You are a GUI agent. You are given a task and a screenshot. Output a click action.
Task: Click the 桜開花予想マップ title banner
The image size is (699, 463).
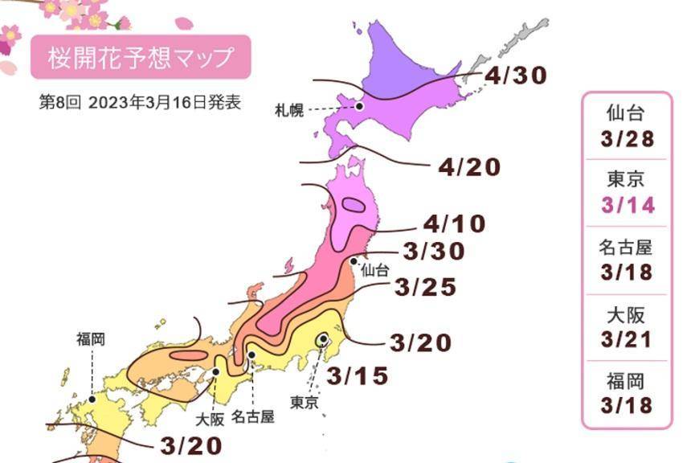coord(141,58)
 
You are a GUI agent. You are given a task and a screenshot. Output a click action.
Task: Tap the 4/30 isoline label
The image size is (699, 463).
coord(516,76)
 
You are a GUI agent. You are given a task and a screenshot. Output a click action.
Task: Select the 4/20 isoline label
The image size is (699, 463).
coord(469,167)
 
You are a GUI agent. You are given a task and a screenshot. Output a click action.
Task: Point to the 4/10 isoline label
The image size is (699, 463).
coord(455,223)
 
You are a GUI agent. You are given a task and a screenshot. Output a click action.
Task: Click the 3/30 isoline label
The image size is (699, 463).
coord(435,252)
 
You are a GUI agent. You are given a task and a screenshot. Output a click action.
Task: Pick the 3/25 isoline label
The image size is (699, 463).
coord(426,287)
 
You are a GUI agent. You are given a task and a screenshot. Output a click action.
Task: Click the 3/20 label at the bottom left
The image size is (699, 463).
coord(190,445)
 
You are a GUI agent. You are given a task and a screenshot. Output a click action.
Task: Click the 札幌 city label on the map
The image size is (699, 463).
coord(289,110)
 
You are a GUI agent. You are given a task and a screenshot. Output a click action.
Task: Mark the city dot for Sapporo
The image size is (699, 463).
coord(360,105)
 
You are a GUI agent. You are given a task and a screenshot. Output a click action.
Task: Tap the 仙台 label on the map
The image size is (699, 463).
coord(374,271)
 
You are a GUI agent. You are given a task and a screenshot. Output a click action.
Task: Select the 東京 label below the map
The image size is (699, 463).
coord(305,403)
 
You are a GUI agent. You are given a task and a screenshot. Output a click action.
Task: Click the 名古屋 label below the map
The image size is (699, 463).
coord(253,416)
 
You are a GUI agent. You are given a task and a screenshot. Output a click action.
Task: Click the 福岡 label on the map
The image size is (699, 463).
coord(91,339)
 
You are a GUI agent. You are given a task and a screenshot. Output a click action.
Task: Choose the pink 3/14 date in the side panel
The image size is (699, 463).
coord(627,205)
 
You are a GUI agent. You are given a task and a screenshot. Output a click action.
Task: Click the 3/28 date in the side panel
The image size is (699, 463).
coord(627,139)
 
